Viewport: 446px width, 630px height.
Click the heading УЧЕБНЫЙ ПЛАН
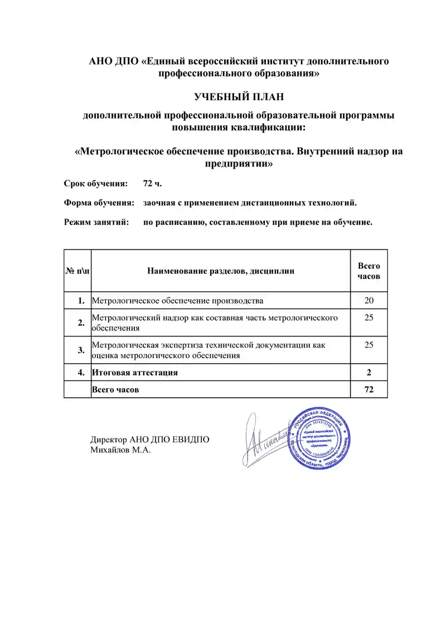(x=239, y=97)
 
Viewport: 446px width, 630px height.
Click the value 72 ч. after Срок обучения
(x=152, y=183)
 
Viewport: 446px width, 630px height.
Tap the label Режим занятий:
(x=96, y=222)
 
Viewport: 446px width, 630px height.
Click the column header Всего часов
(x=369, y=271)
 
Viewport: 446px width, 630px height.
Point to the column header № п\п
(x=77, y=271)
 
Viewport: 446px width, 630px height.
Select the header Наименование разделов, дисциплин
(x=221, y=271)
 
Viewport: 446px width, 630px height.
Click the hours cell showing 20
(x=369, y=301)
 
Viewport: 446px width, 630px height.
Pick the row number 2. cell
(x=81, y=322)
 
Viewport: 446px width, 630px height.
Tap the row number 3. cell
(x=81, y=350)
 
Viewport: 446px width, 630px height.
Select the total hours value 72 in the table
(x=369, y=389)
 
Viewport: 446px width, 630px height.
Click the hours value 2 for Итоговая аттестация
(x=369, y=372)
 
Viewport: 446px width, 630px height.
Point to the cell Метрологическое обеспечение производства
(x=177, y=301)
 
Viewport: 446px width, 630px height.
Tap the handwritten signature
(x=265, y=440)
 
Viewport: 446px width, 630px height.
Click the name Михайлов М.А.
(x=121, y=450)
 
